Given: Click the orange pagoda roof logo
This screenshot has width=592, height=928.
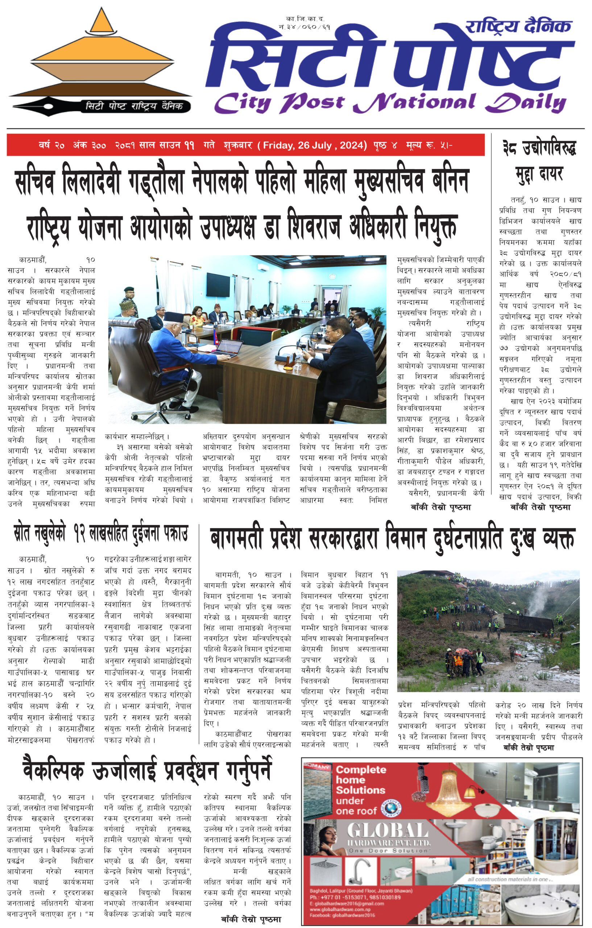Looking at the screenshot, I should pos(101,50).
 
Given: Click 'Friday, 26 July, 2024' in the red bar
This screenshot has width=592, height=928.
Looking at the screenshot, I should pos(314,145).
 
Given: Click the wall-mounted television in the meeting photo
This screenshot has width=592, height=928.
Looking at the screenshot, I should pos(218,285).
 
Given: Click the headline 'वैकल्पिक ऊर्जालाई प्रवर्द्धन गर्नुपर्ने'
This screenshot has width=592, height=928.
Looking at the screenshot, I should pos(147,770).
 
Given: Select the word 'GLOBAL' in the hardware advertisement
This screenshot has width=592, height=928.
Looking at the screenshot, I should pos(388,830).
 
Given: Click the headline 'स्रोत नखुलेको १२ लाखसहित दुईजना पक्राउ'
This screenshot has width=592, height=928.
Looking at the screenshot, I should pos(101,534).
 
